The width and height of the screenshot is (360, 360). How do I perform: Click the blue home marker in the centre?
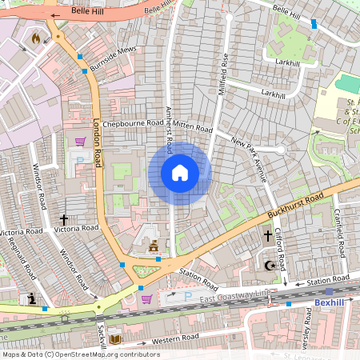pos(180,173)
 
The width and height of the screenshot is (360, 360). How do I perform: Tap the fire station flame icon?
pos(35,38)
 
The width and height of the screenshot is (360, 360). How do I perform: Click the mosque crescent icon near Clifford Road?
pos(270,264)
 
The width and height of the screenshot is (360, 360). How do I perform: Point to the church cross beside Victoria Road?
pos(64,219)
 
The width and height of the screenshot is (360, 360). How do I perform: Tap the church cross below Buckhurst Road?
pos(268,236)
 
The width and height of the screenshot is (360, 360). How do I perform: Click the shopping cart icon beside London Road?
pos(80,142)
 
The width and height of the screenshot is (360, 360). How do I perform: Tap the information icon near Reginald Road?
pos(32,298)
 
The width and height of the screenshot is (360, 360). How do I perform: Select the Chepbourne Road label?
pos(133,122)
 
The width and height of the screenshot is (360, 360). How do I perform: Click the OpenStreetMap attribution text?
pos(80,354)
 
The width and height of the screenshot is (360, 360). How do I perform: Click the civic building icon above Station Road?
pos(154,245)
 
